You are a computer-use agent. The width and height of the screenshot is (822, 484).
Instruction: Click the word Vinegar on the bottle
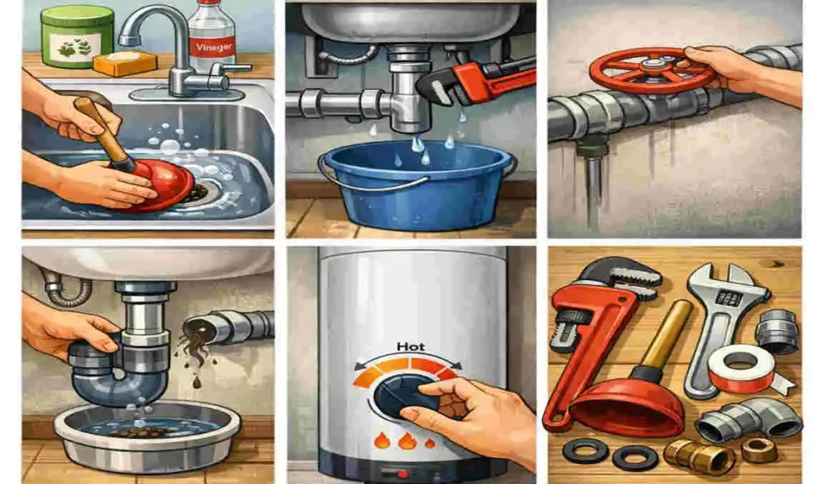click(214, 46)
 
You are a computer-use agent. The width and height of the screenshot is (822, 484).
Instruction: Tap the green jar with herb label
click(77, 36)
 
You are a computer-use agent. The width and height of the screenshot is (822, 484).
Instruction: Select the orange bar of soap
click(125, 63)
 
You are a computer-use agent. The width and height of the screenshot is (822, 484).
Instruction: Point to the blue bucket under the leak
click(417, 186)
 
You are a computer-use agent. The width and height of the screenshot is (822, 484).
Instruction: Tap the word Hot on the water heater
click(410, 347)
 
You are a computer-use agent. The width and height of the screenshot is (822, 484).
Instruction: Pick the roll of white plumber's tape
click(741, 368)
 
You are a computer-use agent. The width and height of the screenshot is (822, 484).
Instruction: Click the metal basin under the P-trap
click(147, 435)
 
